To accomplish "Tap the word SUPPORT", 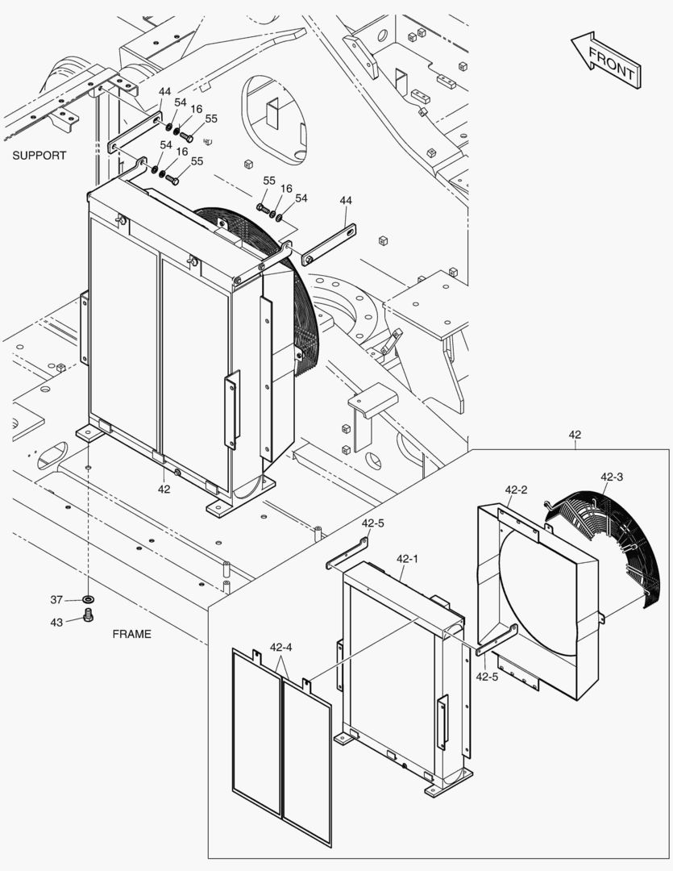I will (39, 155).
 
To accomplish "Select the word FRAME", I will (131, 634).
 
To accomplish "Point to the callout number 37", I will (56, 599).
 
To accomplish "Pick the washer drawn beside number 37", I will (87, 600).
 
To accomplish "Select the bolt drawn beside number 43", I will (89, 618).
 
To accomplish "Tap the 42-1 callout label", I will (408, 558).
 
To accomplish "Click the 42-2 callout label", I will (516, 490).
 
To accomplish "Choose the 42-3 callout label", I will (612, 477).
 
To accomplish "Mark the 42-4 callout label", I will (280, 647).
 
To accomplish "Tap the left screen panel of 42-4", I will (255, 730).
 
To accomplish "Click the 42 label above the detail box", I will (575, 435).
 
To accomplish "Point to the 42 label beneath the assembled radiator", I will (164, 489).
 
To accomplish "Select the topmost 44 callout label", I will (164, 91).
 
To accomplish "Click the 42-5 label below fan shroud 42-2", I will (487, 677).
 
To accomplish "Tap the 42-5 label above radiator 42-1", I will (372, 523).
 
